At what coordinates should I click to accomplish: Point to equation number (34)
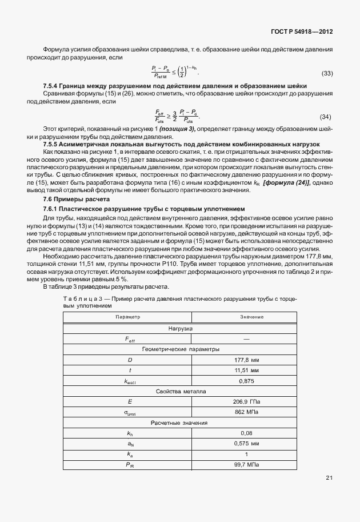pos(325,117)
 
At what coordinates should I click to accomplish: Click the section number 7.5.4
pos(53,86)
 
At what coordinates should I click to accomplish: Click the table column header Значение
pos(251,317)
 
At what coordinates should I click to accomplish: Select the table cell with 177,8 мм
pos(247,360)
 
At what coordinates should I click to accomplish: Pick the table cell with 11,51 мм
pos(247,370)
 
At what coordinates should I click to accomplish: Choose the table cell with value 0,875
pos(247,380)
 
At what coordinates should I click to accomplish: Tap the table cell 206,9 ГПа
pos(247,401)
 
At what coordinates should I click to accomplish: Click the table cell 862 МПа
pos(247,412)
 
